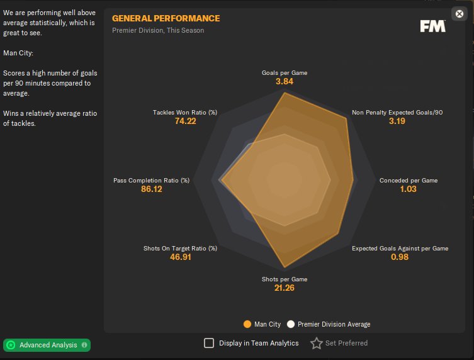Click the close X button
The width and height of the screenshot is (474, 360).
459,14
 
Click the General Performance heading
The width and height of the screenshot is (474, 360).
166,18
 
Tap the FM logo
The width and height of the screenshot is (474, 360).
433,26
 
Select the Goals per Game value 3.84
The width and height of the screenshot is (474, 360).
285,82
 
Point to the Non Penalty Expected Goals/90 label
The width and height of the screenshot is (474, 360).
397,113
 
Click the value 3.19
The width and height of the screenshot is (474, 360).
397,121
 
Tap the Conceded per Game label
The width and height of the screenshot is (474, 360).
408,181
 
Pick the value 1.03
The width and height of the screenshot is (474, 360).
408,189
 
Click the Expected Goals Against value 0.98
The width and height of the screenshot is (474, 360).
400,257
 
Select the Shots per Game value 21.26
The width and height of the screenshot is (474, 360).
285,288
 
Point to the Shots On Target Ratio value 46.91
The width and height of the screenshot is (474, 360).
180,257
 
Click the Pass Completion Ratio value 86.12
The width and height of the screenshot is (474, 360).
151,189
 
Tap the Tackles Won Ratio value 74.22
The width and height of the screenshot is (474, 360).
185,121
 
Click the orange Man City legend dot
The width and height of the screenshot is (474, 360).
247,324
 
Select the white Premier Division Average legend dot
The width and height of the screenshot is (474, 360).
291,324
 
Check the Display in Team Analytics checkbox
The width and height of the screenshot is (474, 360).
209,343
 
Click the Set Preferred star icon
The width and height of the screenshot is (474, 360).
316,343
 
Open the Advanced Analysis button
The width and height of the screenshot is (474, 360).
47,345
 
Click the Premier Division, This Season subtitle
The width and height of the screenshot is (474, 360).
158,30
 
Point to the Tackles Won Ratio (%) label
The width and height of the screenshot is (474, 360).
185,113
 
